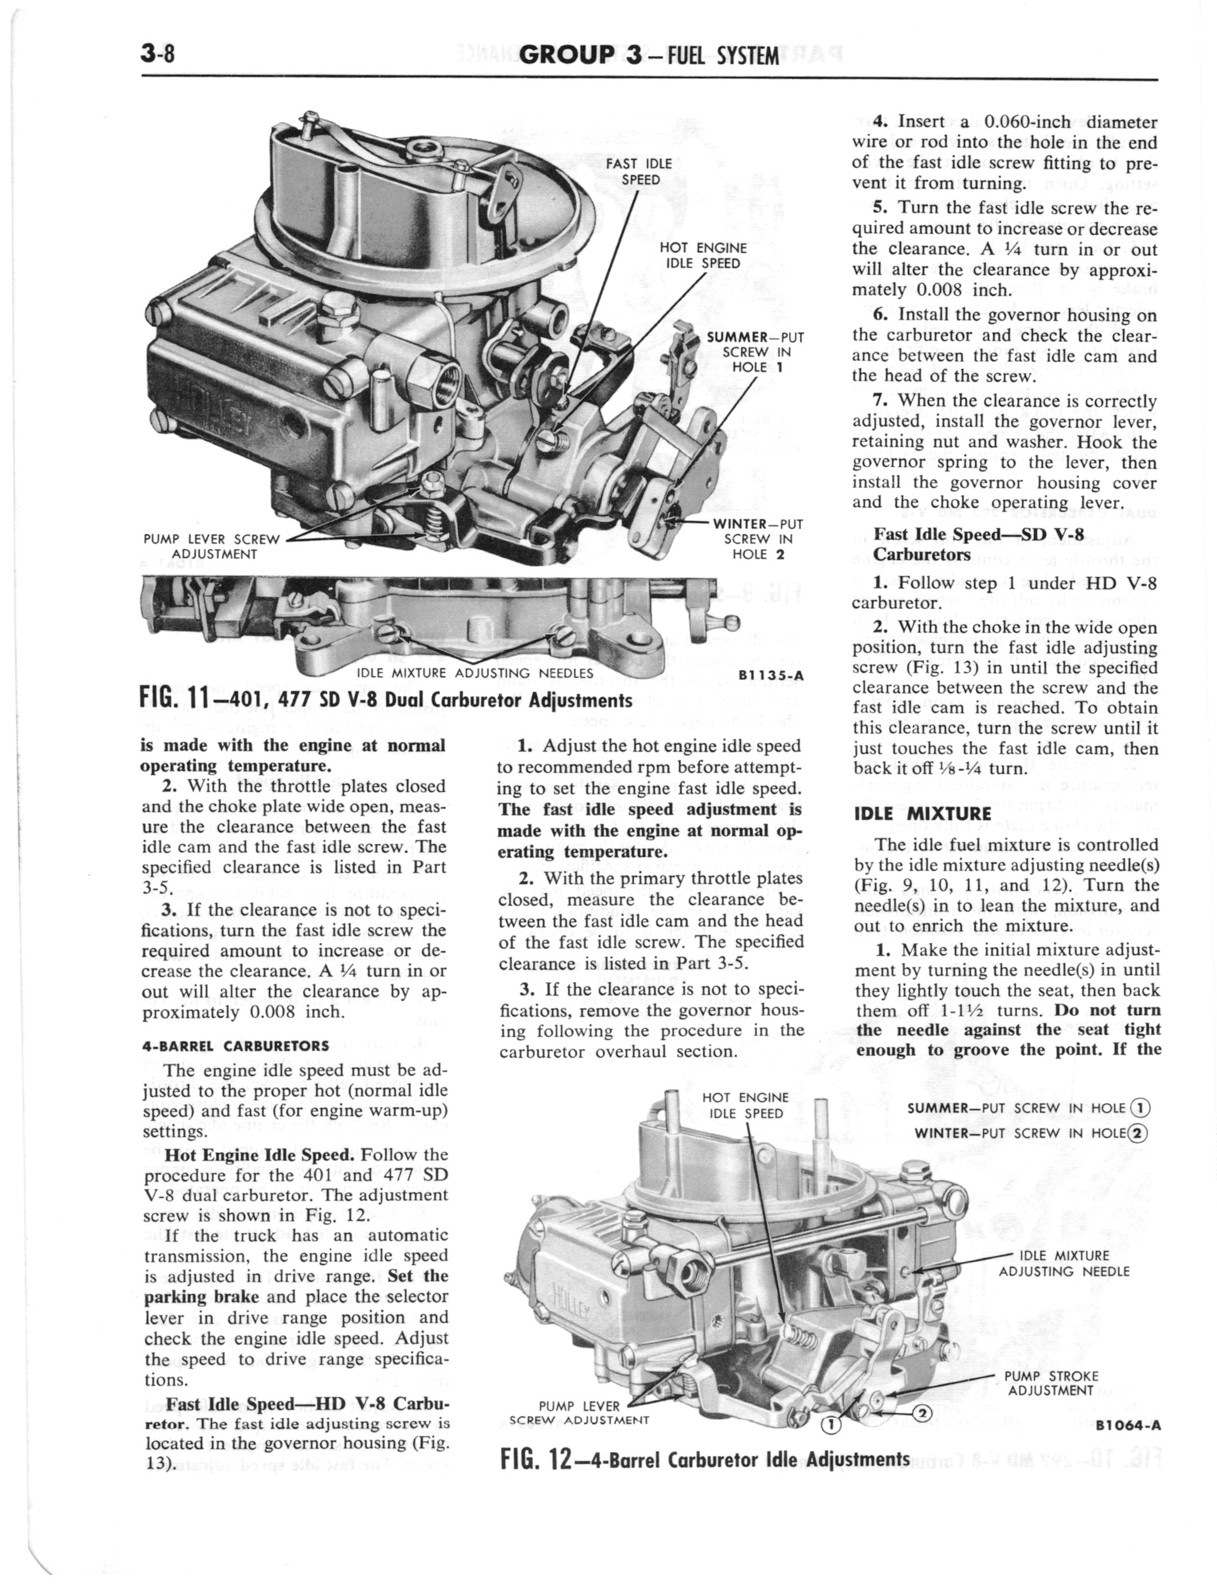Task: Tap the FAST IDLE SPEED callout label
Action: (638, 172)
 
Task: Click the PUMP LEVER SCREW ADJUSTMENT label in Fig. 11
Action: (211, 546)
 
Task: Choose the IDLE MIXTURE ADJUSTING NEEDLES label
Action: (475, 673)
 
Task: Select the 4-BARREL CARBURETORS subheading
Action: (236, 1046)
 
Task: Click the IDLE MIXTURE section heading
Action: (922, 813)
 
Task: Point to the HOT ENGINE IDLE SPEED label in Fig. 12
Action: (745, 1105)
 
